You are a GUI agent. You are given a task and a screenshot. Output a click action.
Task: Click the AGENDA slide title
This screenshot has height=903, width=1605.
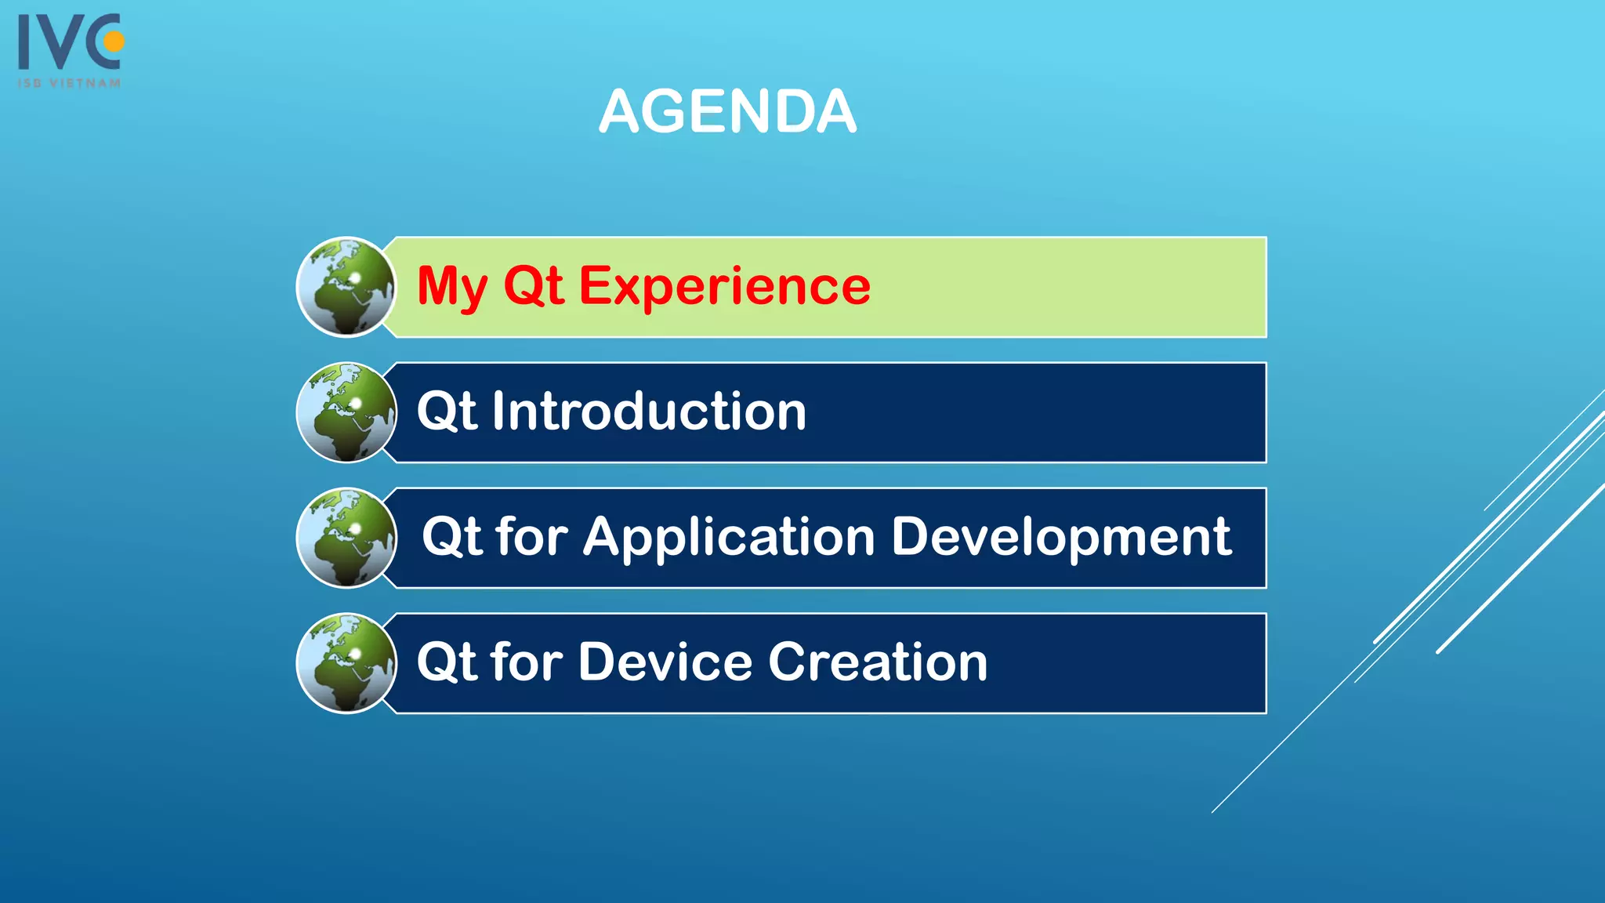(x=727, y=111)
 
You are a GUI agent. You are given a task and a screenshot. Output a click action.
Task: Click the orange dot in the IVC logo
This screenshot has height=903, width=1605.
(x=114, y=41)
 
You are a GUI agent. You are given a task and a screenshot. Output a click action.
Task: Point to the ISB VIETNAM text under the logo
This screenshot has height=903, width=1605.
(x=70, y=82)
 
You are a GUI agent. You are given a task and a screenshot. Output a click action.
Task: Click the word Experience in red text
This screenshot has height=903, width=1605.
(x=724, y=286)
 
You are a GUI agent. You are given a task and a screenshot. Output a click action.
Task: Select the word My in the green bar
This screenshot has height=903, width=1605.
(x=452, y=286)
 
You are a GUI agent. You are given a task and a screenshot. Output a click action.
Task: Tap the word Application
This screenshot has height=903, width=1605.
(x=728, y=538)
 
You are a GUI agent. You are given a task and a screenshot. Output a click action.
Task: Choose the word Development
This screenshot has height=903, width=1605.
(x=1061, y=538)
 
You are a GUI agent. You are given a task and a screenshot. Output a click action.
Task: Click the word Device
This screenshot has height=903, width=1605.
(x=665, y=662)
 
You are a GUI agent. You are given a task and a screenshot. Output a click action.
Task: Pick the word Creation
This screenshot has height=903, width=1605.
(x=878, y=662)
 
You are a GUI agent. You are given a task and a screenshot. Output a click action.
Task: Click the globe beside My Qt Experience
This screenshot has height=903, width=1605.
(x=346, y=287)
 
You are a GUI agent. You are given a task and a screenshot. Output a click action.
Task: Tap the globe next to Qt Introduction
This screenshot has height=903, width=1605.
(x=346, y=412)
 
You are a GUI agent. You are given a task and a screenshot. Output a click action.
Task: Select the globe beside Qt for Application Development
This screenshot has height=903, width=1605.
(x=346, y=538)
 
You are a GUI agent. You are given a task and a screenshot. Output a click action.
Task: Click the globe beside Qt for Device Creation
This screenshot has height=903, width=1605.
(x=346, y=663)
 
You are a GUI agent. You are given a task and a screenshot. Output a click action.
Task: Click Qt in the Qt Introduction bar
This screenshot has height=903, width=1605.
(x=446, y=412)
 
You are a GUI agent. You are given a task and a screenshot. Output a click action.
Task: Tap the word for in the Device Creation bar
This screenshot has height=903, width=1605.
(x=527, y=662)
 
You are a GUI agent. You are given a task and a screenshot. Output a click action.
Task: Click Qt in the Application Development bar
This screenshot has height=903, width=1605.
(x=451, y=538)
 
